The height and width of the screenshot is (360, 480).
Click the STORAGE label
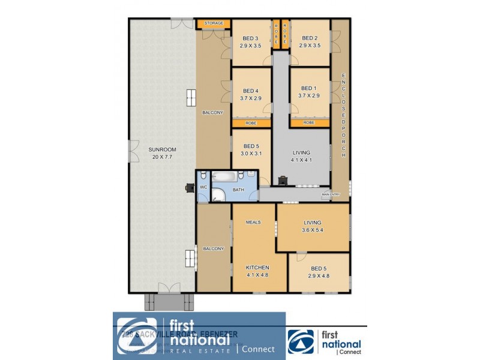(x=214, y=23)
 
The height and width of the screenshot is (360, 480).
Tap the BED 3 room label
(x=251, y=38)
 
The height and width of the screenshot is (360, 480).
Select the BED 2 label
(x=309, y=38)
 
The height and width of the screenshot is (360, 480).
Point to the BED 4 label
(x=251, y=91)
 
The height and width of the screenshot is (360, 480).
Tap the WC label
(x=203, y=187)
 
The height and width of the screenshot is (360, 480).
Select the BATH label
(x=239, y=190)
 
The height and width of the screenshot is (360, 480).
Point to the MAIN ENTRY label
(x=331, y=194)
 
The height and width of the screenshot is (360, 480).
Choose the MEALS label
(x=253, y=222)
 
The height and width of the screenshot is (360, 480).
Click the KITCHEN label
(x=257, y=267)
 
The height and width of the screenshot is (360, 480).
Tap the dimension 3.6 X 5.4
(x=312, y=230)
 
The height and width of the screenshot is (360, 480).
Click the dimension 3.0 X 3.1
(x=251, y=154)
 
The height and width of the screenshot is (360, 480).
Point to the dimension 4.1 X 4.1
(x=302, y=160)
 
